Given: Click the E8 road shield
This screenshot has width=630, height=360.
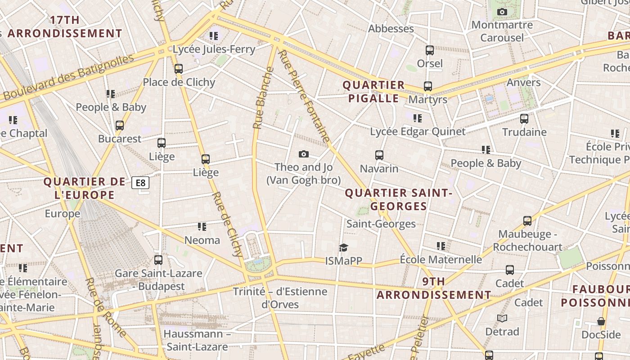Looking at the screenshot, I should [x=140, y=183].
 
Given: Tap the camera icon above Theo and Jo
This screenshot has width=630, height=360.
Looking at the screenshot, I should [x=304, y=154].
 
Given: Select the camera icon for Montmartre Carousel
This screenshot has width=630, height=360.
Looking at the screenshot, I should [x=502, y=12].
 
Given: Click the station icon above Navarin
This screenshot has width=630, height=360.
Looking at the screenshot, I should [x=379, y=155].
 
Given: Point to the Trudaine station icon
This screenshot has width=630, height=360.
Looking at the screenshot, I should [x=524, y=119].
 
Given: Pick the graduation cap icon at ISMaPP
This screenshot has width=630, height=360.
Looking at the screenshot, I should [x=344, y=248].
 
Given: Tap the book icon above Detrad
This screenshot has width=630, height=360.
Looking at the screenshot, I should [x=502, y=319].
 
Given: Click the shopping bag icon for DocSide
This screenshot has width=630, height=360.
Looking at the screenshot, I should [x=601, y=321].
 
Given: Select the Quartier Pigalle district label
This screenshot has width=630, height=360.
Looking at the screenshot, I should [x=373, y=92].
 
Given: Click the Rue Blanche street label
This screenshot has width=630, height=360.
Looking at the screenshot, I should [x=264, y=98].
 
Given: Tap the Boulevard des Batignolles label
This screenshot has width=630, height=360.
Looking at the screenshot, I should [x=69, y=77].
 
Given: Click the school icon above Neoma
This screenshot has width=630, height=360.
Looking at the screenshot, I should [x=202, y=227].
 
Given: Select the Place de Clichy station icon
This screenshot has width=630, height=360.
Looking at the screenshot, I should [x=179, y=69].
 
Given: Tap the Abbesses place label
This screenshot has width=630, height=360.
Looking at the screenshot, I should [x=391, y=29].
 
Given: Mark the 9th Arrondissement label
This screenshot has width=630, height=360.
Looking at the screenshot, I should [x=434, y=288].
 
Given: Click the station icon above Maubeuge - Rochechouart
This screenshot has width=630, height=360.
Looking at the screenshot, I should [x=527, y=221].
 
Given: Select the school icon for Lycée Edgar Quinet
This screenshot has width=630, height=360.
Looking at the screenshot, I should [x=418, y=118].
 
